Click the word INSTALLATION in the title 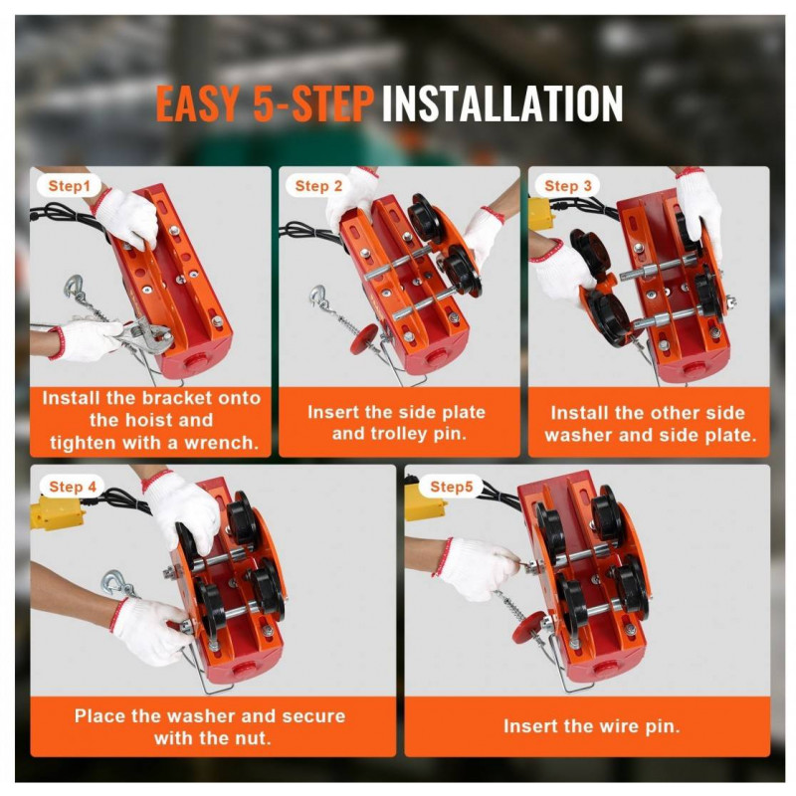click(x=502, y=103)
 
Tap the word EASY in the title click(x=197, y=103)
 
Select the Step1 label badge click(x=69, y=186)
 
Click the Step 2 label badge click(x=318, y=186)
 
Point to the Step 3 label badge click(x=568, y=186)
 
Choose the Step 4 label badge click(x=72, y=487)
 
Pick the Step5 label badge click(x=451, y=487)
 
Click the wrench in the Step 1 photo click(x=144, y=335)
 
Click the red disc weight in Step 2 click(x=364, y=339)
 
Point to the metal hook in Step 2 click(x=319, y=297)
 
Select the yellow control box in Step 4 click(x=57, y=512)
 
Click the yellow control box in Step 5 click(x=425, y=504)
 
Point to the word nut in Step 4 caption click(x=256, y=737)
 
